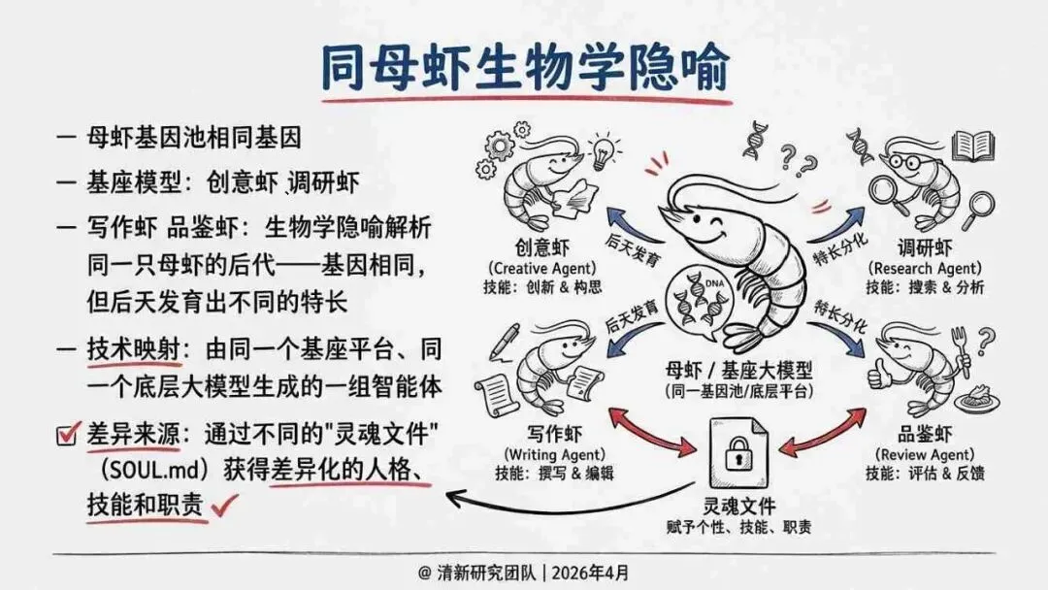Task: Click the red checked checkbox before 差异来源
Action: click(68, 435)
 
